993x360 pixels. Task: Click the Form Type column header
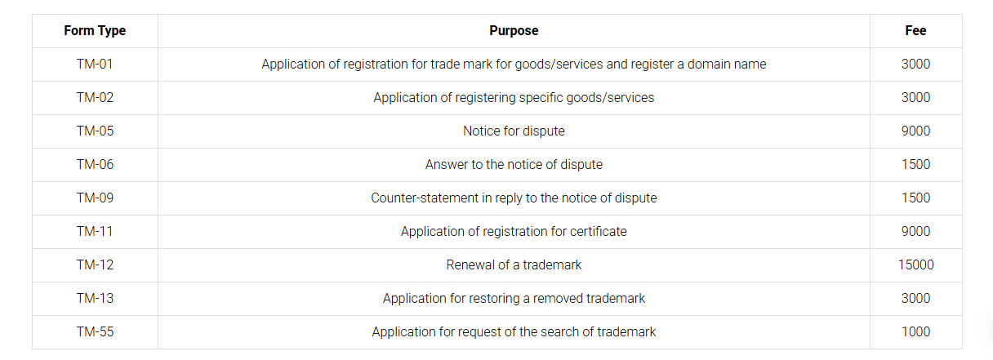[95, 31]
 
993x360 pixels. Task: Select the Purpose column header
[514, 31]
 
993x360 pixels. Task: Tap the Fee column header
[915, 31]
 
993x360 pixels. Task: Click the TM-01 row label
[95, 64]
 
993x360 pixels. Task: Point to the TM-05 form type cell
[95, 131]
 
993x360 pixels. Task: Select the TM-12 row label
[95, 265]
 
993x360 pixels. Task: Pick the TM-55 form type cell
[95, 332]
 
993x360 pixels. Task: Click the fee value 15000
[915, 265]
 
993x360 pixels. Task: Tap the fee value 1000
[915, 332]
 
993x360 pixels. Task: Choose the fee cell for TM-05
[915, 131]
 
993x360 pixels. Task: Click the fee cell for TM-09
[915, 198]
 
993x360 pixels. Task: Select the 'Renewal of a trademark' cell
[514, 265]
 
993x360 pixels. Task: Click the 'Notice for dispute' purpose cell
[514, 131]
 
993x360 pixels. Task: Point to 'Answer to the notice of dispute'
[514, 165]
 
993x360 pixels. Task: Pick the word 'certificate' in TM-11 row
[599, 232]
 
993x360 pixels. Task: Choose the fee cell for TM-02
[915, 98]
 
